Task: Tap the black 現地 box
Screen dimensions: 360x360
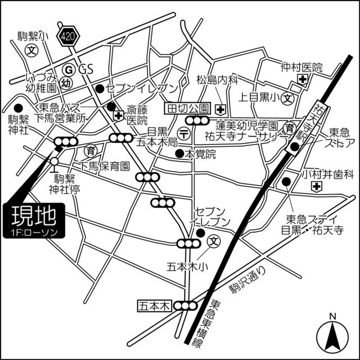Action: [34, 219]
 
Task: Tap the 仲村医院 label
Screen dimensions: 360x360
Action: [302, 67]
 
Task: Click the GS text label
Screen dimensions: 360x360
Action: [85, 70]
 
